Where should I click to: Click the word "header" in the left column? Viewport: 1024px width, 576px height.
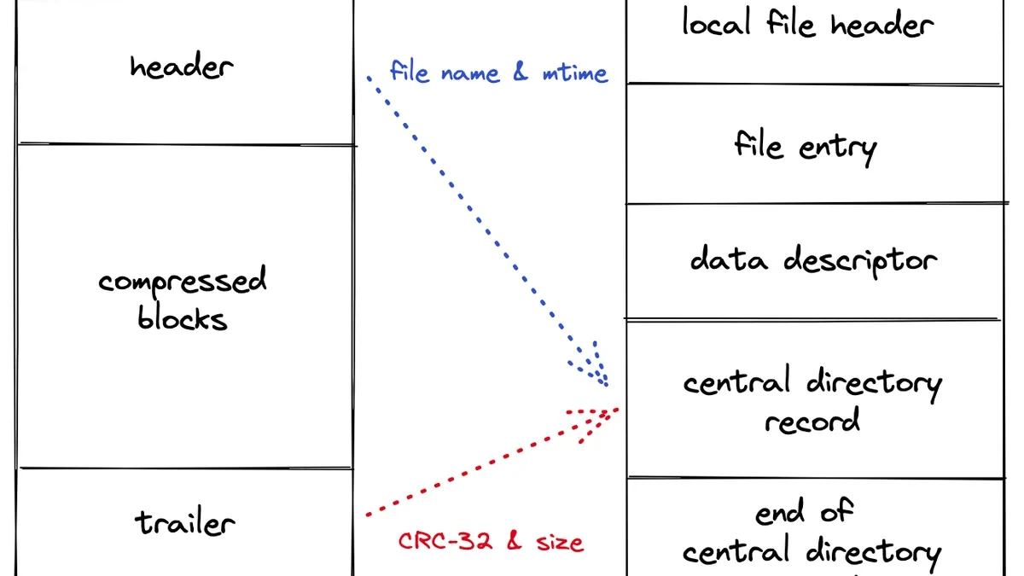click(x=182, y=67)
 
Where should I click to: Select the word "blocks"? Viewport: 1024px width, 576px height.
click(x=183, y=317)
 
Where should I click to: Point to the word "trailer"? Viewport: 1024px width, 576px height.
click(x=184, y=522)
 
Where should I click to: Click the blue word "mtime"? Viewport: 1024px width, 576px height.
click(x=575, y=73)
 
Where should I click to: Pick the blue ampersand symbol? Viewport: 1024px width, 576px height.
click(x=521, y=72)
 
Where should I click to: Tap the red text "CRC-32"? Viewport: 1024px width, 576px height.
click(x=445, y=541)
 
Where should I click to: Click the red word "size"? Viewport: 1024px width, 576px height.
click(x=560, y=543)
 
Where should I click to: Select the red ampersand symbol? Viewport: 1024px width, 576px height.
click(x=515, y=541)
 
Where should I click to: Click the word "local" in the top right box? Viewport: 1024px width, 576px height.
click(x=717, y=22)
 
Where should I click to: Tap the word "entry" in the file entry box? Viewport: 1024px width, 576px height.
click(x=837, y=148)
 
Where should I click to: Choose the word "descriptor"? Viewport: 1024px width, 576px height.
click(x=860, y=261)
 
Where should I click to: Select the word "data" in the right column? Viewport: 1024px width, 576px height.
click(x=729, y=259)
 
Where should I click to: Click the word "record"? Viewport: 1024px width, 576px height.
click(x=812, y=420)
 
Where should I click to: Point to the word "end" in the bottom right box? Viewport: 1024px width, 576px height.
click(x=779, y=512)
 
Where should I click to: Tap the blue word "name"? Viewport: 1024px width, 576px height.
click(x=470, y=74)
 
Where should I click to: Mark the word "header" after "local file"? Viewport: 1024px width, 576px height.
click(x=882, y=24)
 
